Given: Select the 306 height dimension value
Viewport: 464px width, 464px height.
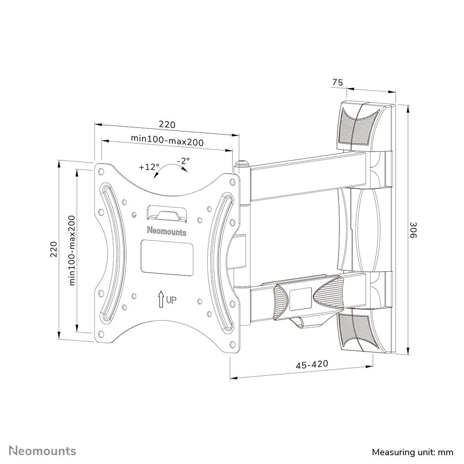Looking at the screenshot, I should coord(415,230).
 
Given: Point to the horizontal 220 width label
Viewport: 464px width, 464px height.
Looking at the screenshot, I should coord(167,124).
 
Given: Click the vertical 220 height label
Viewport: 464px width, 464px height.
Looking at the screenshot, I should coord(53,250).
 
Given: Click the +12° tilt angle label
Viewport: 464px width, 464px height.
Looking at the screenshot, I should coord(149,167).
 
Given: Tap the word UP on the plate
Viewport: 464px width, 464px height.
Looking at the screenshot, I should coord(171,301).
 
